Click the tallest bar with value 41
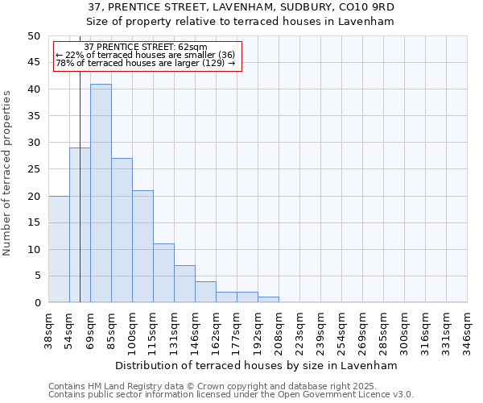coord(101,193)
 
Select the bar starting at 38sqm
coord(59,249)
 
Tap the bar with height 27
coord(122,231)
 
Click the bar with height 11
coord(163,273)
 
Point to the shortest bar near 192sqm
coord(268,300)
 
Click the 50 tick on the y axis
coord(33,36)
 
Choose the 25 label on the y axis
coord(33,169)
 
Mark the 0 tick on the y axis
coord(37,303)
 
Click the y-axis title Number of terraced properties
coord(8,172)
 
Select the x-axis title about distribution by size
coord(257,365)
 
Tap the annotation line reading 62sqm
coord(146,48)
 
